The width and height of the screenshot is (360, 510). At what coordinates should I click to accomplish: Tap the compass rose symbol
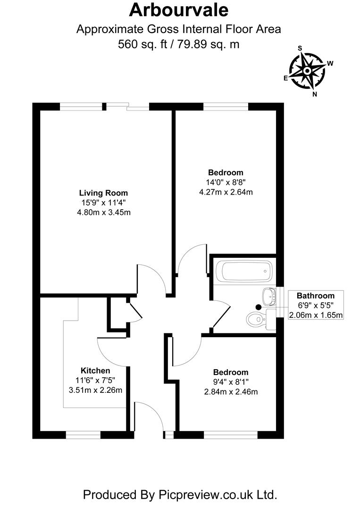click(307, 71)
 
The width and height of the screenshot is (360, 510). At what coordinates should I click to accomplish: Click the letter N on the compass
click(315, 93)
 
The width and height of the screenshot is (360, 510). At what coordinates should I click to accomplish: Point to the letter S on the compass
click(299, 48)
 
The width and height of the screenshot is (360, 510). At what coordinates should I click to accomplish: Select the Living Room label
click(103, 193)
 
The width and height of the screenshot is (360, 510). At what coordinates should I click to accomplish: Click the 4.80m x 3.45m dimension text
click(103, 212)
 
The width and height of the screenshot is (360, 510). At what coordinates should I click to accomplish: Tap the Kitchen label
click(95, 371)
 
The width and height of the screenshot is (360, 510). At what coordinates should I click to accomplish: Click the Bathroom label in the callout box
click(316, 296)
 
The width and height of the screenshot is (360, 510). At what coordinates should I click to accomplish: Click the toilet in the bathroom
click(257, 320)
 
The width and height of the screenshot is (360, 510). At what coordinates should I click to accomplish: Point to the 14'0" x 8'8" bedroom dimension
click(226, 182)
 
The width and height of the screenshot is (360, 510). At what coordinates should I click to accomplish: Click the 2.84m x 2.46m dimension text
click(231, 392)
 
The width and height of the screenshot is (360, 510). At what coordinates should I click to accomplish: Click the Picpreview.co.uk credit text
click(179, 494)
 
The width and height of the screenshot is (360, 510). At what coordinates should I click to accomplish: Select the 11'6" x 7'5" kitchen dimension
click(95, 380)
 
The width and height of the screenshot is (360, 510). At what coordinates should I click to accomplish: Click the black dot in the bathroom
click(258, 307)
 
